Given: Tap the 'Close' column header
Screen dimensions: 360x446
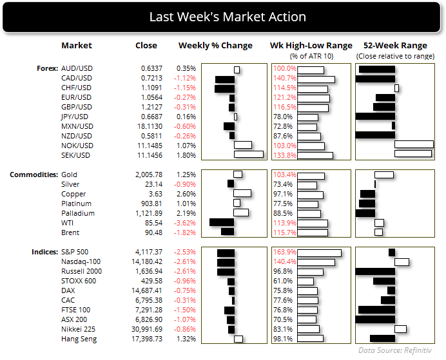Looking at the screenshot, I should pyautogui.click(x=146, y=46).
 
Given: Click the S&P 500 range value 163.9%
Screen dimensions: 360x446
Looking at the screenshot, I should pyautogui.click(x=284, y=252).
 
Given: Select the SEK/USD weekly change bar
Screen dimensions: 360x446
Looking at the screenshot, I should pyautogui.click(x=249, y=155).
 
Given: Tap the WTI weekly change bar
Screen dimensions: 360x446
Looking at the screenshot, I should pyautogui.click(x=222, y=223).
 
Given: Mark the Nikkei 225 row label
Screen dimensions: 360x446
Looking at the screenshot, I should pyautogui.click(x=78, y=329).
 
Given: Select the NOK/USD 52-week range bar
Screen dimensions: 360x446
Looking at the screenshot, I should pyautogui.click(x=414, y=146).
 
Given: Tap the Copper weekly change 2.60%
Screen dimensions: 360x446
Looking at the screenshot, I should pyautogui.click(x=186, y=194).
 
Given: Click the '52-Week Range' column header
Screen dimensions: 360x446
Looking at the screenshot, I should pyautogui.click(x=395, y=46).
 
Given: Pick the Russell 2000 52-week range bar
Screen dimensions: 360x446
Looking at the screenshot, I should pyautogui.click(x=374, y=271).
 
